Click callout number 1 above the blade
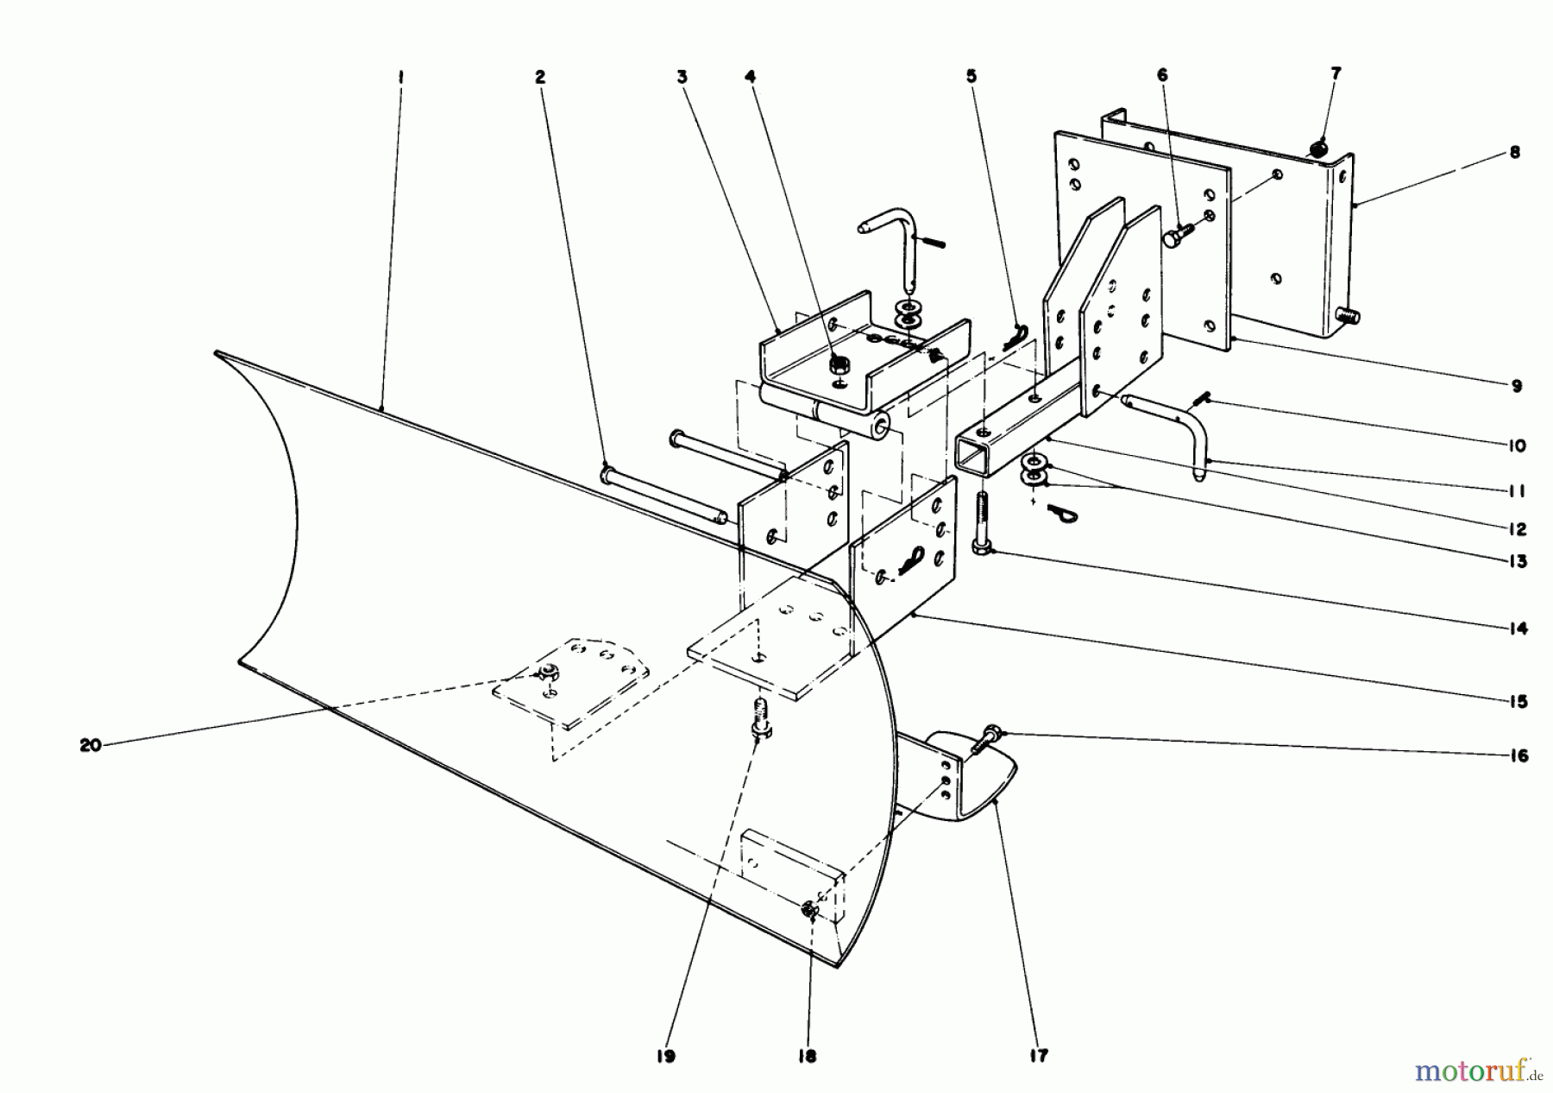[x=400, y=77]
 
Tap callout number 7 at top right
[x=1336, y=74]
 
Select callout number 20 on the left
[x=90, y=745]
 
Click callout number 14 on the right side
[x=1518, y=629]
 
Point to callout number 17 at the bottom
[x=1039, y=1055]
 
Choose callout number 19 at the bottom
[x=670, y=1055]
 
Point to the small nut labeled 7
[x=1317, y=149]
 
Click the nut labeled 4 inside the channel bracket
[x=837, y=366]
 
